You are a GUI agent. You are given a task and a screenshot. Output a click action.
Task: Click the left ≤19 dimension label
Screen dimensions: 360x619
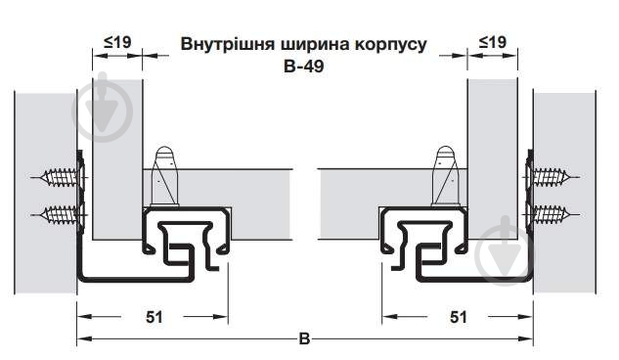[x=116, y=42]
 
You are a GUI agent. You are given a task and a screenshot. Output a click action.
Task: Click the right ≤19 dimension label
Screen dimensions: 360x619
[x=491, y=42]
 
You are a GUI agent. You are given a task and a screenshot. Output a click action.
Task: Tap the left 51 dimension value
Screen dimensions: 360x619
[x=153, y=317]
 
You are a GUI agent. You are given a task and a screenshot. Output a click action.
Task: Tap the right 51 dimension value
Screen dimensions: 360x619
[x=457, y=317]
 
